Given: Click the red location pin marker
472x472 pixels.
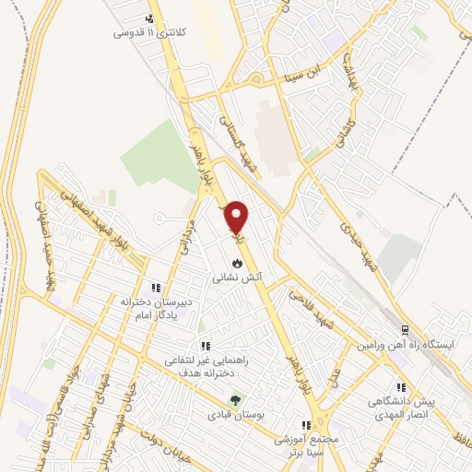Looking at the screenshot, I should point(238,218).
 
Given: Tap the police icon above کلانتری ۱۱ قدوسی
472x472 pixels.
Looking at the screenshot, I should point(150,19).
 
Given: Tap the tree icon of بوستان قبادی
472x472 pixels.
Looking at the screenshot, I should point(237,401).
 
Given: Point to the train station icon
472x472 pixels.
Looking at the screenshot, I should point(404,331).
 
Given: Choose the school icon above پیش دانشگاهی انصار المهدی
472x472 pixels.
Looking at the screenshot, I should point(400,388).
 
